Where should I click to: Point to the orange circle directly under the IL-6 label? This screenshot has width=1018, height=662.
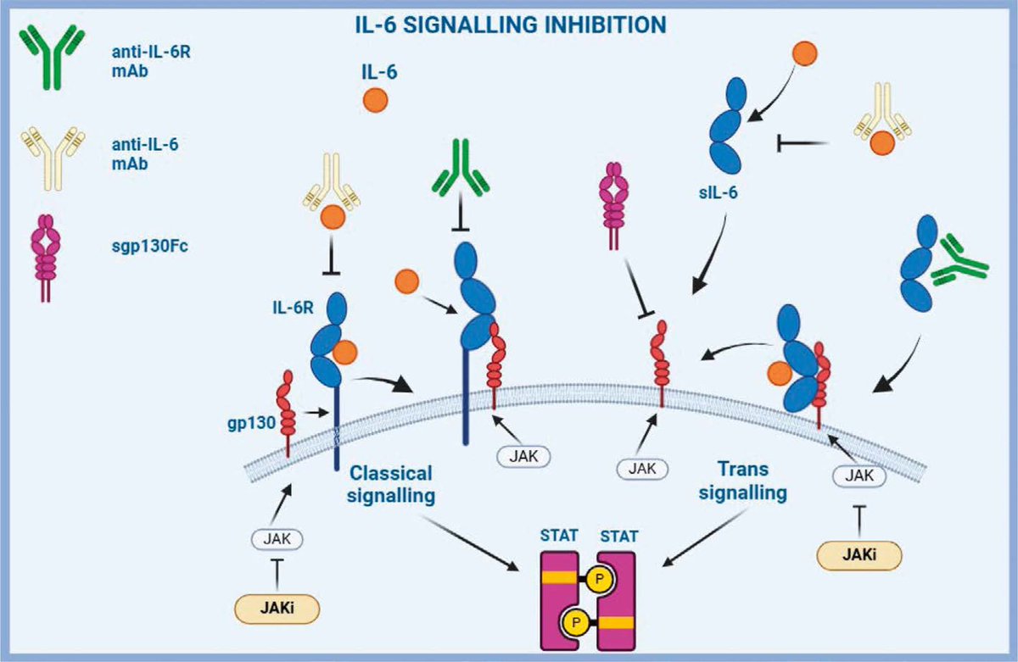(x=375, y=99)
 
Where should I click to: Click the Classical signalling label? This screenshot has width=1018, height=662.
(x=391, y=483)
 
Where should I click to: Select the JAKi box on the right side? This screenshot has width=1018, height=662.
(x=859, y=554)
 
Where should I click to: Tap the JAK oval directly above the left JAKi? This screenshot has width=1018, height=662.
(x=278, y=537)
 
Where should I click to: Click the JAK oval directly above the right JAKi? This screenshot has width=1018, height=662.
(x=859, y=478)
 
